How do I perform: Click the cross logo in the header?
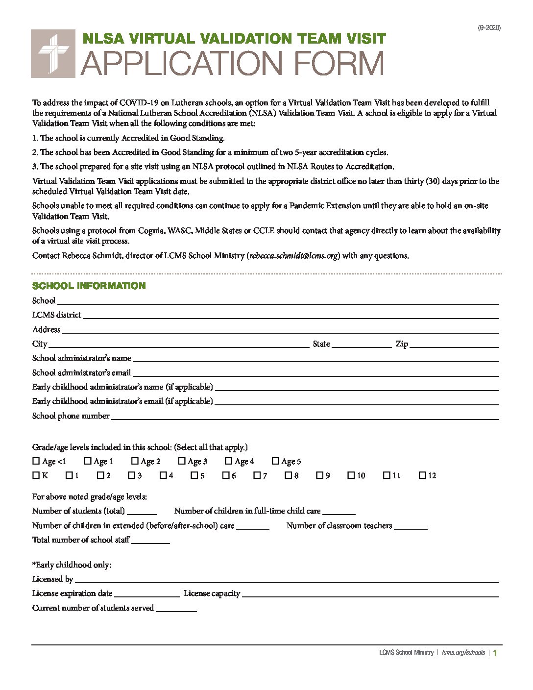coord(53,53)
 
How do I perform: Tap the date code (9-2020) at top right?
coord(489,28)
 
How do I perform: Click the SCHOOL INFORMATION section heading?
coord(89,286)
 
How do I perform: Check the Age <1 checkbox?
coord(36,461)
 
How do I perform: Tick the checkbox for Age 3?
coord(182,461)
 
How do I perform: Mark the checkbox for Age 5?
coord(275,461)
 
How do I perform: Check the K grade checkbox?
coord(36,475)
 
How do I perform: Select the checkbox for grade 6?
coord(226,475)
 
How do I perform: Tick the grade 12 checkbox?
coord(422,475)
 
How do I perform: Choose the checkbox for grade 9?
coord(320,475)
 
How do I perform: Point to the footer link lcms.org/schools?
coord(463,653)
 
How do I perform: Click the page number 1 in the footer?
coord(495,653)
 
